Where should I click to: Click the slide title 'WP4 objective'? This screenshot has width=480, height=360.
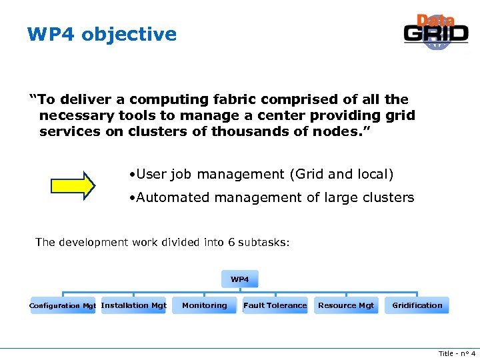click(x=102, y=34)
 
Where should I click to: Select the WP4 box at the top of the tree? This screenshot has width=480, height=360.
click(x=239, y=279)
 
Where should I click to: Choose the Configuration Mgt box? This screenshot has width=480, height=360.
click(x=63, y=306)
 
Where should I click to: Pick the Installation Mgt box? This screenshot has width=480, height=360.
click(x=133, y=305)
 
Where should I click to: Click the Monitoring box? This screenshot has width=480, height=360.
click(x=204, y=305)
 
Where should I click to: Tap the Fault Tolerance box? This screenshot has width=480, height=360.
click(x=275, y=305)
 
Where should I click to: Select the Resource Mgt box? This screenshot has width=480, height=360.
click(x=346, y=305)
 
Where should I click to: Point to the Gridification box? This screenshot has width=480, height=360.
click(x=417, y=305)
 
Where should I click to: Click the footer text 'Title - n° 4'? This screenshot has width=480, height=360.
click(x=456, y=353)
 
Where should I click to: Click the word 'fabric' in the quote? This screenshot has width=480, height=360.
click(x=238, y=99)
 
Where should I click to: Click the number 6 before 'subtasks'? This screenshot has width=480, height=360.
click(x=231, y=242)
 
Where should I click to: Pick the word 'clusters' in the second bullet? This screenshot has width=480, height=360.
click(x=389, y=197)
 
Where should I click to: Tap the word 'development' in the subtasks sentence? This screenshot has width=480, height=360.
click(x=91, y=242)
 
